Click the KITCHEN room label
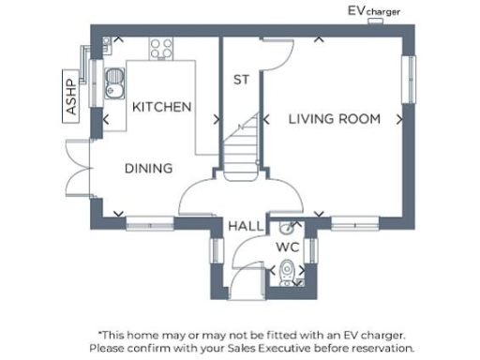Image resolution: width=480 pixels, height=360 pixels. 161,107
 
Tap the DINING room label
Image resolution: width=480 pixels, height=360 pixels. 148,169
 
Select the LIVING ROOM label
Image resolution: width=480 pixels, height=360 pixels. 334,119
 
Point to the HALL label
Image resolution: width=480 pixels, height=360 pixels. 246,226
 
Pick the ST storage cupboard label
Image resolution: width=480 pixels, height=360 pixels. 241,81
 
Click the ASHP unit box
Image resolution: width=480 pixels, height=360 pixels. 71,97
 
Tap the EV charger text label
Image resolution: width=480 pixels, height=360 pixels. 374,11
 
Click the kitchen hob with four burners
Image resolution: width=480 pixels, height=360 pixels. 161,48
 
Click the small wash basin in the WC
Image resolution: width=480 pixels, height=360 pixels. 286,226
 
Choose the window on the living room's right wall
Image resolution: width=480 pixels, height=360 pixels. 409,80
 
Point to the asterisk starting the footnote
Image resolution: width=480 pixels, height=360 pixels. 100,332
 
